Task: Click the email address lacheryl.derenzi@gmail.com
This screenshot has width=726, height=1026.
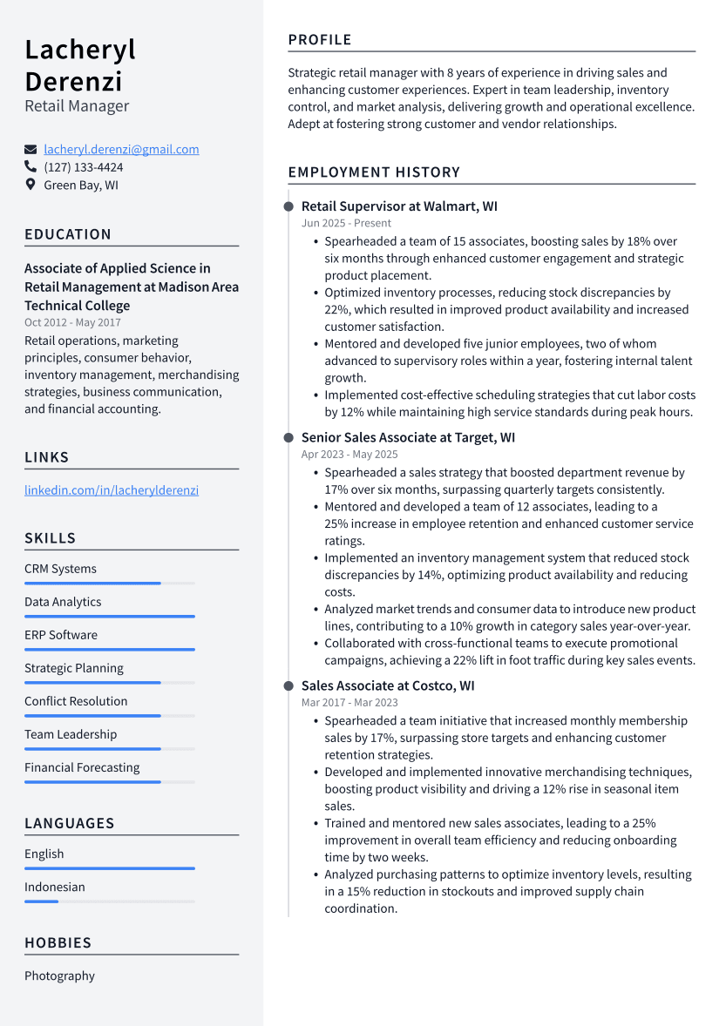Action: pyautogui.click(x=121, y=149)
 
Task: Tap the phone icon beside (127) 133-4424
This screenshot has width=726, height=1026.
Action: pyautogui.click(x=31, y=166)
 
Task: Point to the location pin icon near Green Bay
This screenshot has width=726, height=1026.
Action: pyautogui.click(x=31, y=185)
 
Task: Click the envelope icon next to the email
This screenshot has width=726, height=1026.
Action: pyautogui.click(x=31, y=150)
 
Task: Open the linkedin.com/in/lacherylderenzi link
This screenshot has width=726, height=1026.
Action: pyautogui.click(x=112, y=490)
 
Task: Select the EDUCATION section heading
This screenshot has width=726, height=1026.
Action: pyautogui.click(x=68, y=234)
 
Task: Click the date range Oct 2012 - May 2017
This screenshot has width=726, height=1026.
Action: pyautogui.click(x=72, y=322)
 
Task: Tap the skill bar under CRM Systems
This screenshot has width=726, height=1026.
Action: pyautogui.click(x=109, y=584)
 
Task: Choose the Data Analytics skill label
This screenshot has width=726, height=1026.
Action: pyautogui.click(x=63, y=602)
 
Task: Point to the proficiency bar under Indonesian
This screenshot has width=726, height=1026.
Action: pyautogui.click(x=109, y=901)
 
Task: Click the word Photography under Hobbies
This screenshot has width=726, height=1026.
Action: pyautogui.click(x=59, y=976)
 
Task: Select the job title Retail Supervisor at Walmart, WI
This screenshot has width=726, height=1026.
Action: pyautogui.click(x=399, y=206)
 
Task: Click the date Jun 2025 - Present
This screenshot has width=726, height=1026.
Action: pyautogui.click(x=346, y=223)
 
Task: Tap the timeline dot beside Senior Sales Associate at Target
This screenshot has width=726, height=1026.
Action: pyautogui.click(x=288, y=437)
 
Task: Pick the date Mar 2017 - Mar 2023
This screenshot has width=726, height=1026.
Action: pyautogui.click(x=349, y=702)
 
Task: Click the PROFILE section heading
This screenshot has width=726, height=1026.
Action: pyautogui.click(x=320, y=40)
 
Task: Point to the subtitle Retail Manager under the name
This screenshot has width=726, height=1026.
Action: pyautogui.click(x=77, y=106)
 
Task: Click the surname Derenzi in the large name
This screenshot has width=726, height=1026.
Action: pyautogui.click(x=73, y=81)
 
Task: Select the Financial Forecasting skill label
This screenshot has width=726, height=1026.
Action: pyautogui.click(x=82, y=767)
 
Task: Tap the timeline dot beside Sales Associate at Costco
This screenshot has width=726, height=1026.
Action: pyautogui.click(x=288, y=685)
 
